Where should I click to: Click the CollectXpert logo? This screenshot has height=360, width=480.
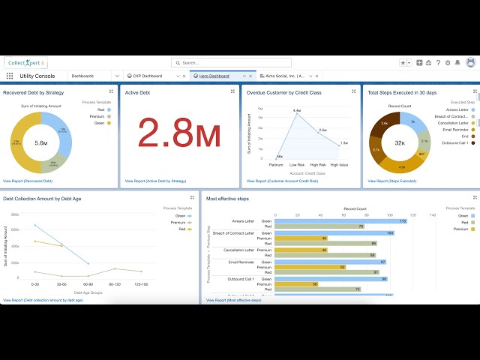tap(25, 63)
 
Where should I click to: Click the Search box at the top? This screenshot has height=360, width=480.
tap(240, 63)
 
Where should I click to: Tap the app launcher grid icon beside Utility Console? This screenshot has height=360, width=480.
tap(10, 76)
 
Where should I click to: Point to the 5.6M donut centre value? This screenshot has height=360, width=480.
tap(41, 142)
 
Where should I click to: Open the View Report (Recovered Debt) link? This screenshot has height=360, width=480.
tap(28, 181)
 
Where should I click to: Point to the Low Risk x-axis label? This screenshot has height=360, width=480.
tap(297, 164)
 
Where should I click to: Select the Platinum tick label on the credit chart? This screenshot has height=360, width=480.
tap(276, 164)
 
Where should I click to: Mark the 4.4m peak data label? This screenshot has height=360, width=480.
tap(297, 110)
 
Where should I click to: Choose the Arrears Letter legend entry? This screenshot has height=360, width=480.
tap(457, 109)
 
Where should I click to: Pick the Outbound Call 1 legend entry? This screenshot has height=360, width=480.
tap(455, 142)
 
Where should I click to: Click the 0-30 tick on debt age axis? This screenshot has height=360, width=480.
tap(34, 284)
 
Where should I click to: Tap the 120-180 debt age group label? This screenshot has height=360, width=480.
tap(142, 284)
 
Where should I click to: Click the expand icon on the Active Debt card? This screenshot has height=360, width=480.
tap(232, 91)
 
